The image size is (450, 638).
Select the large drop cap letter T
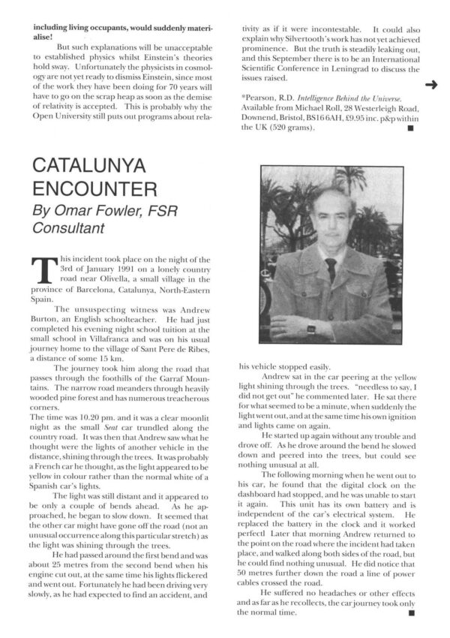tap(43, 271)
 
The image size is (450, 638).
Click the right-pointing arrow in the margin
tap(430, 85)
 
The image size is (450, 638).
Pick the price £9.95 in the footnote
tap(352, 118)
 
